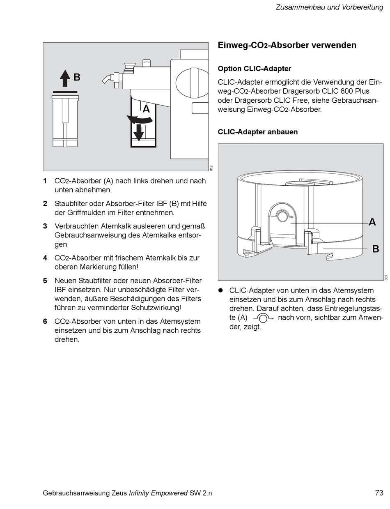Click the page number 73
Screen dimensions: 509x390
click(x=379, y=493)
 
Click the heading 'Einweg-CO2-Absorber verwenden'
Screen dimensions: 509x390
click(x=287, y=46)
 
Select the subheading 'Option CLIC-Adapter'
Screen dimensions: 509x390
click(x=255, y=69)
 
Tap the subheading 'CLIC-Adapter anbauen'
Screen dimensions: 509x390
click(x=258, y=132)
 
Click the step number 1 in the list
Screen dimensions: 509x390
click(x=45, y=181)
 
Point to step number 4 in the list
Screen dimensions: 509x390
click(x=45, y=258)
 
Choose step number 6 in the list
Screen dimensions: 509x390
click(x=45, y=322)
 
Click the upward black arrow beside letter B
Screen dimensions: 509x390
click(x=65, y=78)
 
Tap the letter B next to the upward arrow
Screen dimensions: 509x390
click(x=77, y=77)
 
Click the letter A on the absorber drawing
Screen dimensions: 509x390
click(x=146, y=109)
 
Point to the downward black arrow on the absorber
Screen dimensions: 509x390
click(x=139, y=131)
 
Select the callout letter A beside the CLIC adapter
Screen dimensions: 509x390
click(x=372, y=222)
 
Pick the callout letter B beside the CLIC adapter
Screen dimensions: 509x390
click(x=375, y=249)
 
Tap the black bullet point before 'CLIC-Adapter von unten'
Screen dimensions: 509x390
click(x=220, y=290)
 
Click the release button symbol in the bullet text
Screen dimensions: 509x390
click(x=263, y=318)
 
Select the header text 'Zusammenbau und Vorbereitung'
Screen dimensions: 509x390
click(x=329, y=7)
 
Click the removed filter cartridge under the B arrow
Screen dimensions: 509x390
click(x=65, y=121)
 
